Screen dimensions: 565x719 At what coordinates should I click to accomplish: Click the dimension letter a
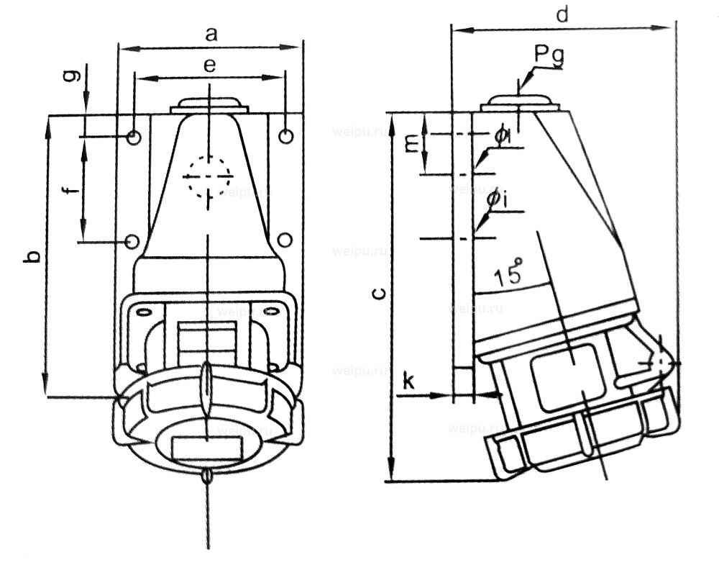(210, 33)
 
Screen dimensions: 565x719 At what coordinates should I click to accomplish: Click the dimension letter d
(563, 14)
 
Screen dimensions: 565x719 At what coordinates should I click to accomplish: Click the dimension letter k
(408, 381)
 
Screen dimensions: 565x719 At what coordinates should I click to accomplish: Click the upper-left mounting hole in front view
(134, 137)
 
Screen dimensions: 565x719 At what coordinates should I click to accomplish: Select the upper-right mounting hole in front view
(285, 136)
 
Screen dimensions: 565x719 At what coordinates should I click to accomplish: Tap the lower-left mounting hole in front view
(132, 241)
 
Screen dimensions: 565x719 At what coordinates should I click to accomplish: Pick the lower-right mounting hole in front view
(285, 240)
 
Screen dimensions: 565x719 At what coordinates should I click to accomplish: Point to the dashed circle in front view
(207, 175)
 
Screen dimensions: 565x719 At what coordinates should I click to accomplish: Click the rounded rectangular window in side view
(567, 376)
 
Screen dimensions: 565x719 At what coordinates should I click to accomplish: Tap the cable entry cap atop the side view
(519, 102)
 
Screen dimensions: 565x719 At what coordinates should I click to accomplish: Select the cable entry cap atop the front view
(209, 105)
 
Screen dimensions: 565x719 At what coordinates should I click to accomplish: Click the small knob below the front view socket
(208, 476)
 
